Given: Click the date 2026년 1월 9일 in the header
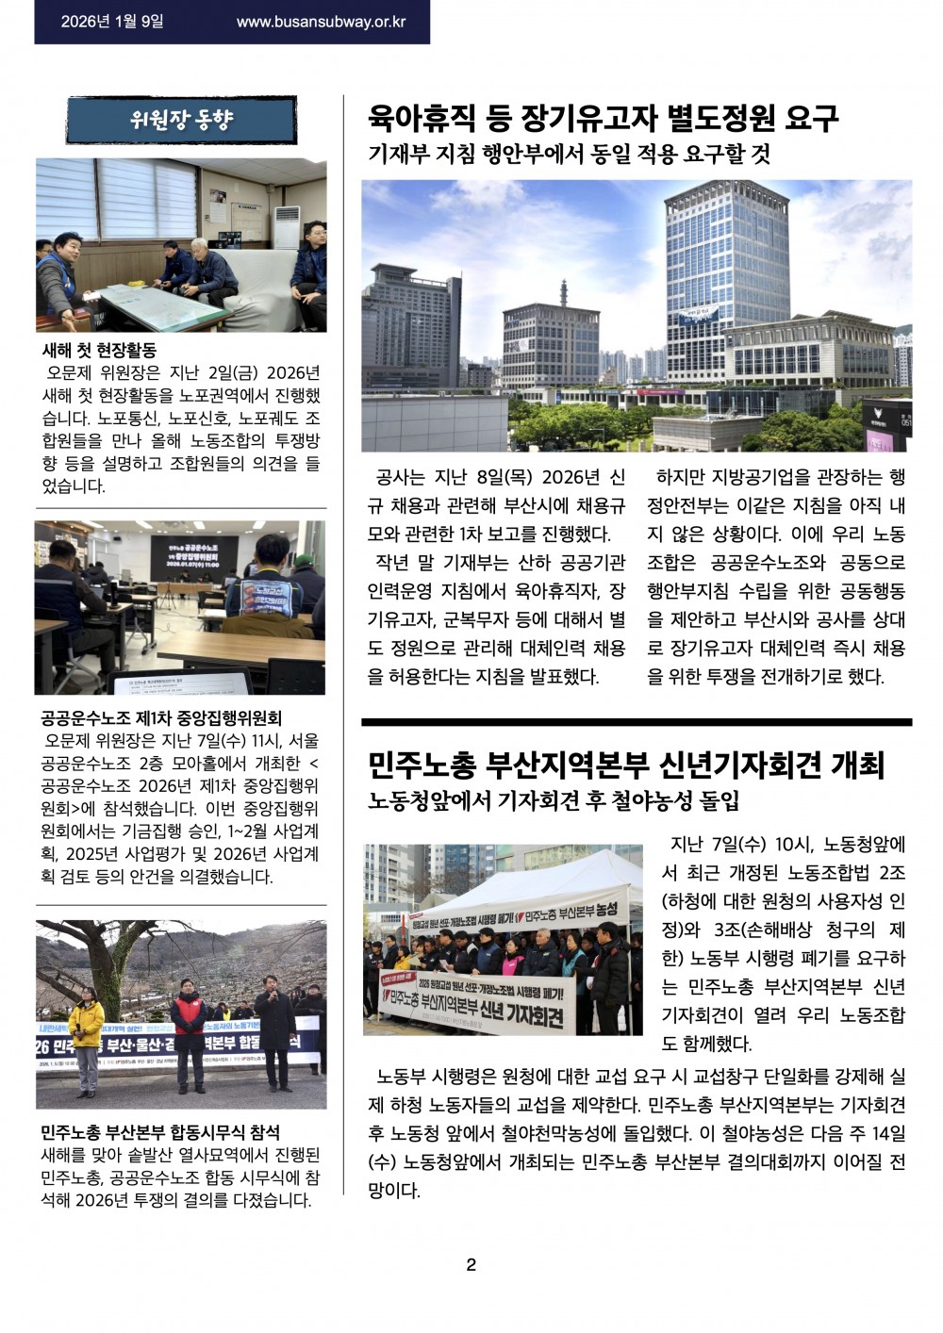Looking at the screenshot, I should (112, 21).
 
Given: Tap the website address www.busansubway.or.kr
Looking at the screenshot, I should (321, 21).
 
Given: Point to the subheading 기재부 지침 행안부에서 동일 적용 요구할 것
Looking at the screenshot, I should (569, 155).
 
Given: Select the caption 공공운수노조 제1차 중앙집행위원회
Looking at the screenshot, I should (161, 718).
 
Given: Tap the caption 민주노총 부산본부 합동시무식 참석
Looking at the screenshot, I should (160, 1131).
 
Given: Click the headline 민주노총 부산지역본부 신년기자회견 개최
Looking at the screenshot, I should (625, 765).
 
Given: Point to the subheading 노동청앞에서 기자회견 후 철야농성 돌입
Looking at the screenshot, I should (554, 802).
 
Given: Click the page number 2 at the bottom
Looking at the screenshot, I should (471, 1265).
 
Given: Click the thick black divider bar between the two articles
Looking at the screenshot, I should (637, 722).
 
